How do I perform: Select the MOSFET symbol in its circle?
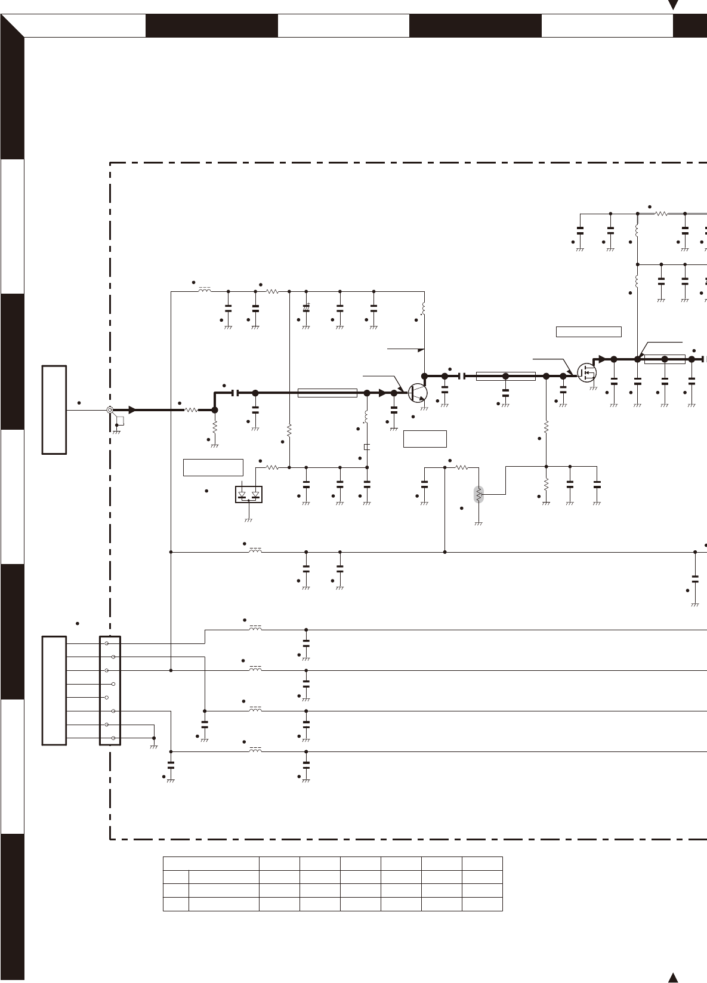[587, 372]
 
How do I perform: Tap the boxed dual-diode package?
[249, 495]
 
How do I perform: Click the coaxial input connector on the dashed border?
[110, 410]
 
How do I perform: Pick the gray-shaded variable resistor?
[478, 494]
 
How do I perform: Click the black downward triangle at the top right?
[674, 5]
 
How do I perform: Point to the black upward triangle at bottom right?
[673, 977]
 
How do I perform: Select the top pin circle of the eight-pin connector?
[107, 643]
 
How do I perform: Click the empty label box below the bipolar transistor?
[425, 438]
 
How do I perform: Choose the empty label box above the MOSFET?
[588, 332]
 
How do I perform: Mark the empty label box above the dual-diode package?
[213, 467]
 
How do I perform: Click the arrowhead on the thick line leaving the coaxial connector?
[132, 410]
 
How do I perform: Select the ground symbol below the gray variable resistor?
[478, 524]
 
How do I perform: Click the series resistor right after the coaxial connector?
[192, 410]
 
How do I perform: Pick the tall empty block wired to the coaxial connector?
[54, 410]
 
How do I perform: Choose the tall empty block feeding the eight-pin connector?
[54, 691]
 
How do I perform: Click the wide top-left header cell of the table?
[211, 863]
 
